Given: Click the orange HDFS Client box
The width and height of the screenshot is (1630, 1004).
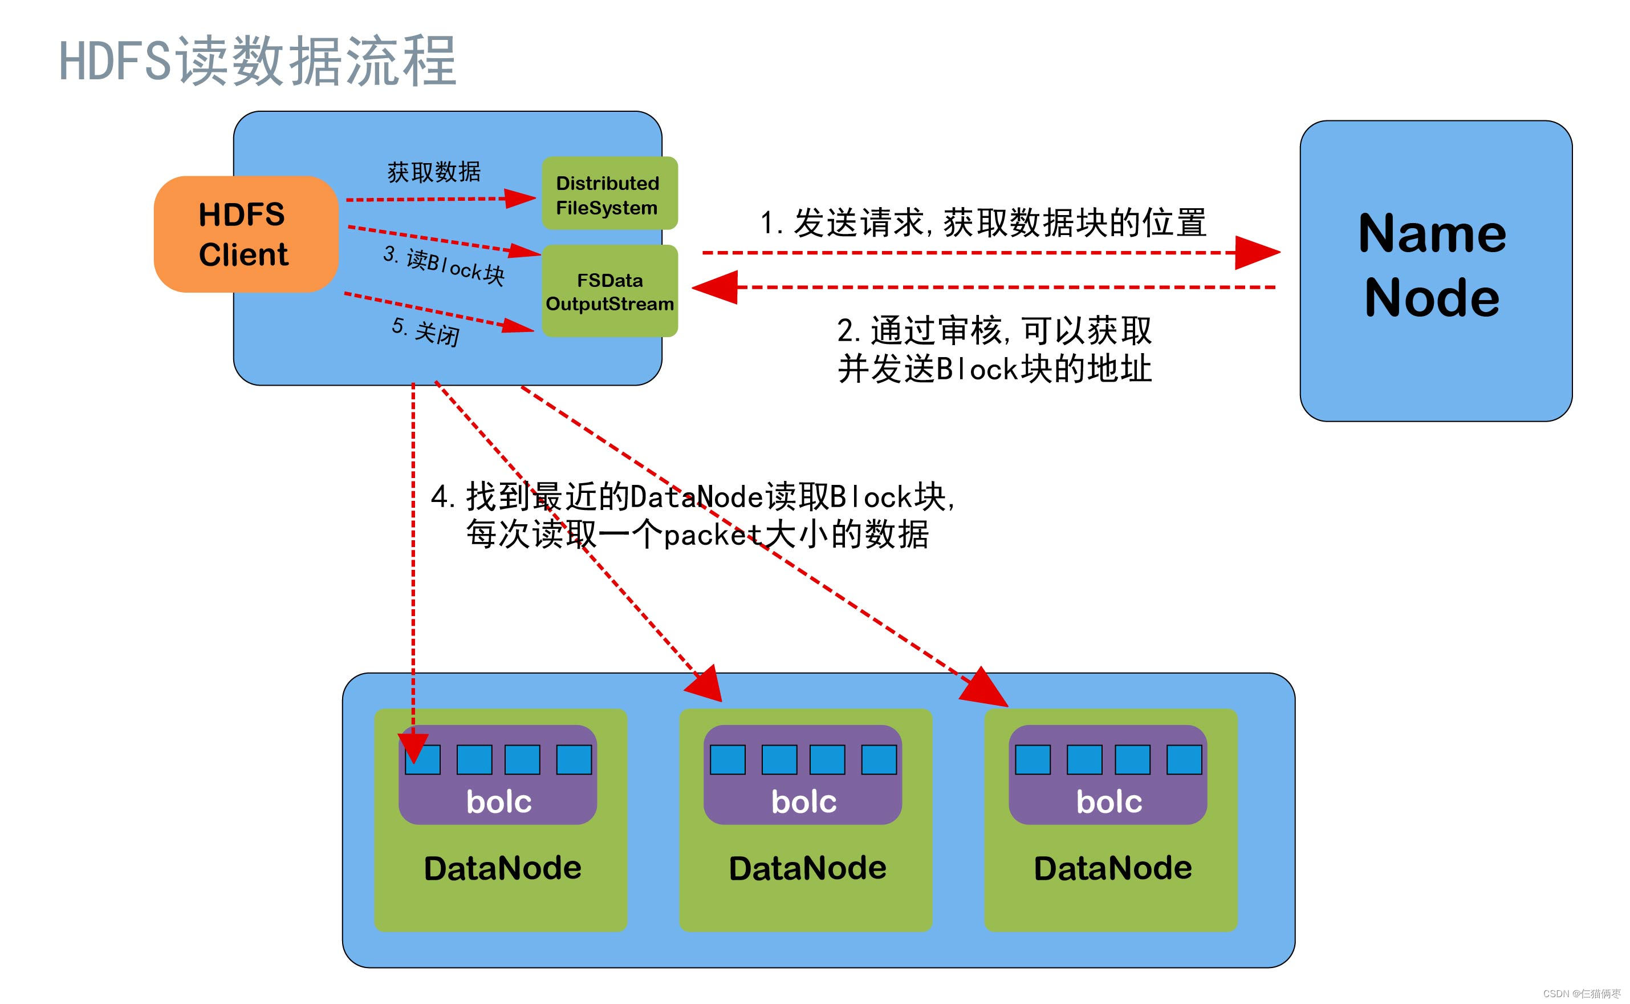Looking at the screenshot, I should point(246,234).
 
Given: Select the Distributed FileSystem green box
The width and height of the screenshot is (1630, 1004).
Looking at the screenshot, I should point(608,194).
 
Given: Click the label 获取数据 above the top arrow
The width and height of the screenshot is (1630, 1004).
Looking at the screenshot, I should point(433,172).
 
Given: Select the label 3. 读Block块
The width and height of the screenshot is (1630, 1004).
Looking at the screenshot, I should point(444,265).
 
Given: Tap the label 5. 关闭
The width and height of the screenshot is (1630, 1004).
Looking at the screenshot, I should point(425,330).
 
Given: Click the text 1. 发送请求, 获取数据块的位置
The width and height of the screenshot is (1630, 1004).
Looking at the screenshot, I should point(982,222).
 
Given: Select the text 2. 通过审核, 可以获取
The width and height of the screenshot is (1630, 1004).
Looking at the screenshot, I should point(994,330).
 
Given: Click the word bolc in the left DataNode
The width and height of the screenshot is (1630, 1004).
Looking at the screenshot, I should point(498,801).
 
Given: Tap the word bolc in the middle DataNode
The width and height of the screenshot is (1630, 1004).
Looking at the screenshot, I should point(803,801).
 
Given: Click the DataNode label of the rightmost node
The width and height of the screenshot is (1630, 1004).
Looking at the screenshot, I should point(1112,868).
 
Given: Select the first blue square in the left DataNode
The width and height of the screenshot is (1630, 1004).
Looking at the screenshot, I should point(423,760).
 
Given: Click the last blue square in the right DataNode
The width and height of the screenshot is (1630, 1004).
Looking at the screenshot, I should point(1184,760).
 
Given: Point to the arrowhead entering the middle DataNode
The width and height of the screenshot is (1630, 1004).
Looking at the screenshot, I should point(706,685).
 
